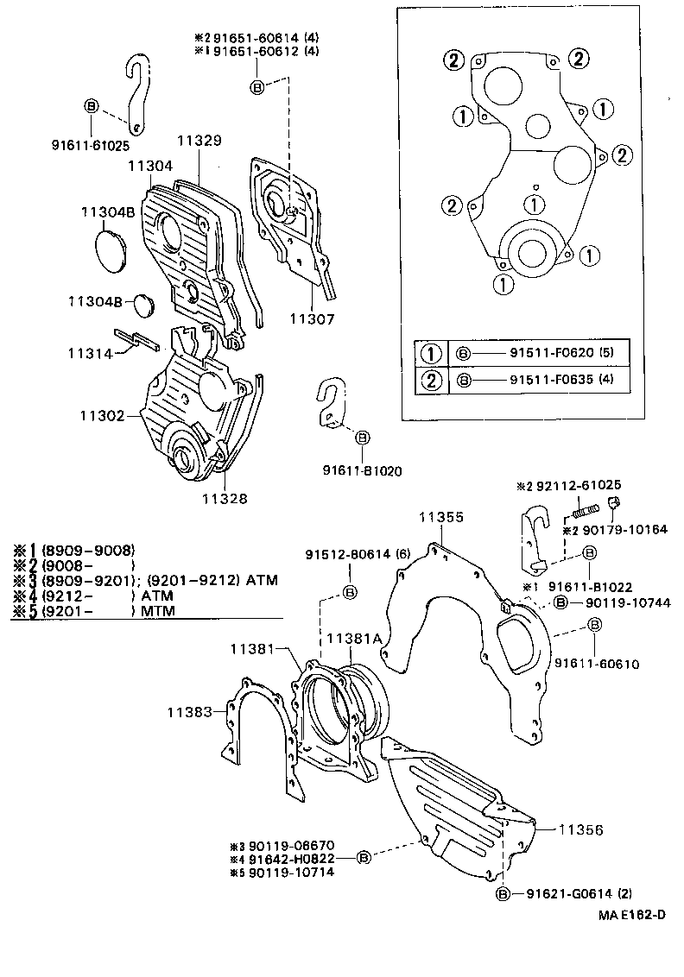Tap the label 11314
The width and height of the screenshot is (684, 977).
[x=92, y=353]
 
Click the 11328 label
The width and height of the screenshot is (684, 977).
[x=225, y=498]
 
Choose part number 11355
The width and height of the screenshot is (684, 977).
[x=441, y=517]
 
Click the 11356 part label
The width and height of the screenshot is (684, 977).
[x=579, y=829]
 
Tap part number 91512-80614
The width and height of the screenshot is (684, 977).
[x=349, y=554]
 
